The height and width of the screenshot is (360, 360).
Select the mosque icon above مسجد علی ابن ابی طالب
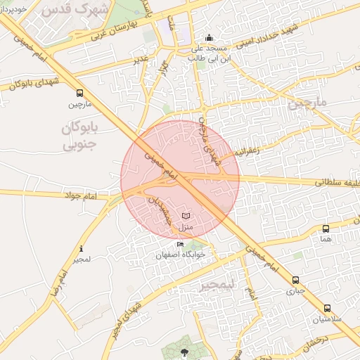pos(208,38)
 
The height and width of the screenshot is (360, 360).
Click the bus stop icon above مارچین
pos(79,93)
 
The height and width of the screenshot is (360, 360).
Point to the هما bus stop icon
pos(325,229)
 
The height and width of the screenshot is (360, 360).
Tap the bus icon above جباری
pos(295,280)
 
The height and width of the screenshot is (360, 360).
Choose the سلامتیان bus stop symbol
pos(327,308)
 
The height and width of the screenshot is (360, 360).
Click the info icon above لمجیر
pos(82,248)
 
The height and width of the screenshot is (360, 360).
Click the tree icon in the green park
pos(184,352)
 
